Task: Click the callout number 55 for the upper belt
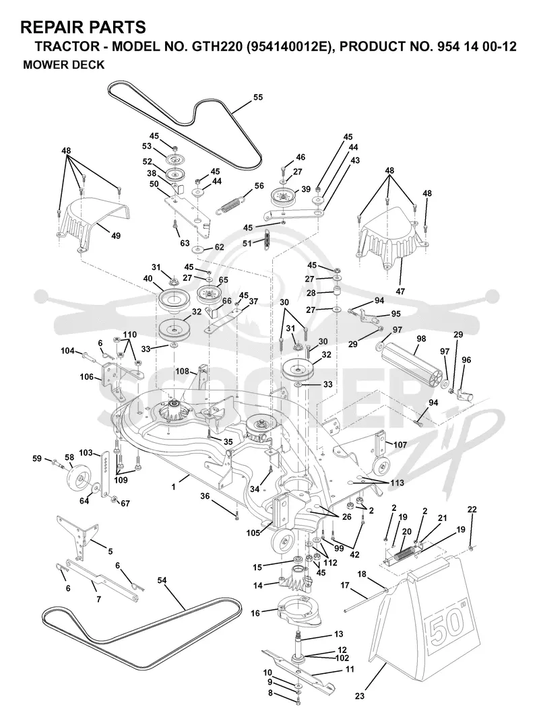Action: [x=257, y=97]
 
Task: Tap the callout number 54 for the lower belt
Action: [x=162, y=580]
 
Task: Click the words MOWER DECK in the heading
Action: [x=63, y=65]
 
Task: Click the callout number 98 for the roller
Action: [x=421, y=339]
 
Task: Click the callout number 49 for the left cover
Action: [x=116, y=236]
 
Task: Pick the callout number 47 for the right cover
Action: [x=400, y=291]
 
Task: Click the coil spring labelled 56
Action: [x=230, y=205]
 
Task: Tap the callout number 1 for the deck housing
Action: [x=174, y=487]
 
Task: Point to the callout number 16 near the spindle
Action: [x=255, y=613]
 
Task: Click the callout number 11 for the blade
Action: [x=350, y=669]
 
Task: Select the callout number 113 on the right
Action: [x=397, y=483]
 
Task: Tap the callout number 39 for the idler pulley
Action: [x=305, y=189]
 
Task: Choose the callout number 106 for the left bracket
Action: [x=86, y=377]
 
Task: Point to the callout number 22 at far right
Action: [x=472, y=509]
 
